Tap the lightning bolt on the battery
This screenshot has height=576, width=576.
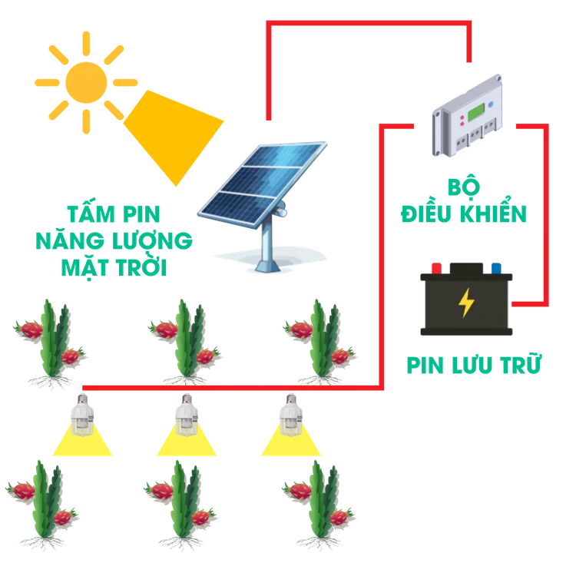pyautogui.click(x=465, y=303)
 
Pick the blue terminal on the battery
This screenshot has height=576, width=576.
pyautogui.click(x=496, y=268)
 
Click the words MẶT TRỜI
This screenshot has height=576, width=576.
pyautogui.click(x=115, y=268)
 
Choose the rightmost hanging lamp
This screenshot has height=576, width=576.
pyautogui.click(x=289, y=415)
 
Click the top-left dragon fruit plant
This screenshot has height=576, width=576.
pyautogui.click(x=51, y=342)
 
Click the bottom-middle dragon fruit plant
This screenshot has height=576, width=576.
pyautogui.click(x=181, y=499)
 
